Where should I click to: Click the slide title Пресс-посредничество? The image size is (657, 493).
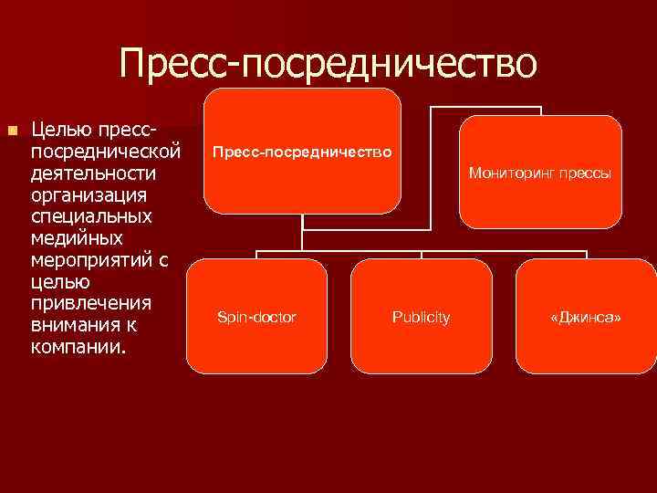(x=327, y=63)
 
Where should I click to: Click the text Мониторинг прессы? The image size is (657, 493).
(x=540, y=172)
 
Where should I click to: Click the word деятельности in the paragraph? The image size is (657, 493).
(x=93, y=173)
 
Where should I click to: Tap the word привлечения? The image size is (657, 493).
(x=90, y=303)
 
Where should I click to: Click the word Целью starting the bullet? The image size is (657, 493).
(x=57, y=131)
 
